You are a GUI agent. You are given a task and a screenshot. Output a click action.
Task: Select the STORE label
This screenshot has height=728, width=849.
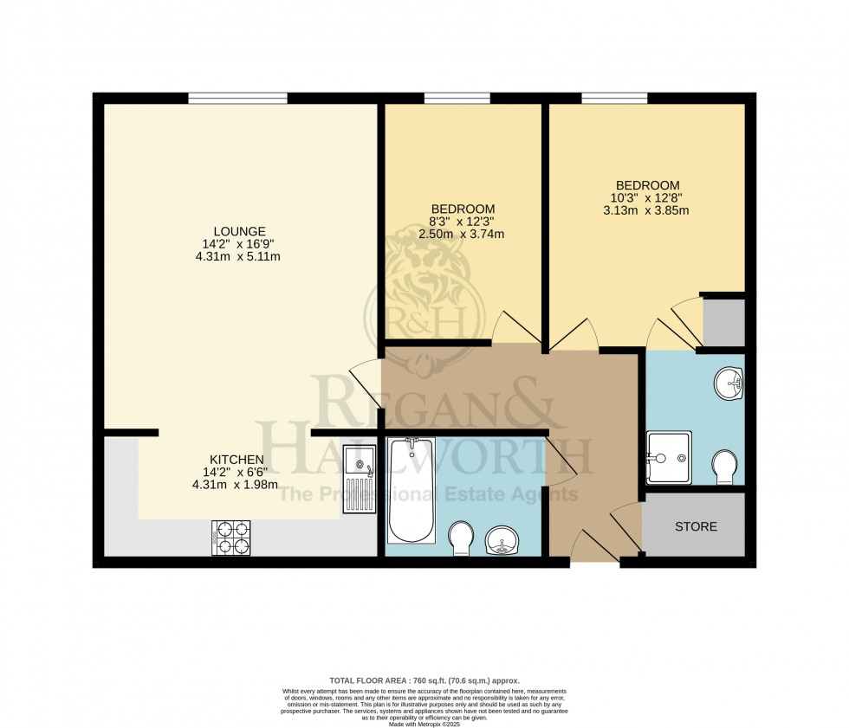696,526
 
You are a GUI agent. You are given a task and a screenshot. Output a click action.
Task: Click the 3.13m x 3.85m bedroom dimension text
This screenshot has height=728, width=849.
647,210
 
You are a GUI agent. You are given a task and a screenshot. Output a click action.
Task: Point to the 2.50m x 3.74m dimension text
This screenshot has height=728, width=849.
463,234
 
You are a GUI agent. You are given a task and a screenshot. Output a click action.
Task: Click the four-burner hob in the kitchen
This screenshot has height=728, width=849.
230,538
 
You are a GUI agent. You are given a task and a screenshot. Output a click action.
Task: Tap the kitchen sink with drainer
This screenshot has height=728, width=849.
357,479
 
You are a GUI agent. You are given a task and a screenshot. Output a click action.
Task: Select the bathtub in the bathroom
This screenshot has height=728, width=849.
412,490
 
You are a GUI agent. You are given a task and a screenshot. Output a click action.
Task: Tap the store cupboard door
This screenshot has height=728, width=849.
626,530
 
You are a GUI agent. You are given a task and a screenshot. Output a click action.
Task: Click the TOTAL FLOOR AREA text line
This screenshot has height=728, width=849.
424,681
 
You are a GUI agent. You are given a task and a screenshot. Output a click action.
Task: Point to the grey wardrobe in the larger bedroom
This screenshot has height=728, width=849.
723,322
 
